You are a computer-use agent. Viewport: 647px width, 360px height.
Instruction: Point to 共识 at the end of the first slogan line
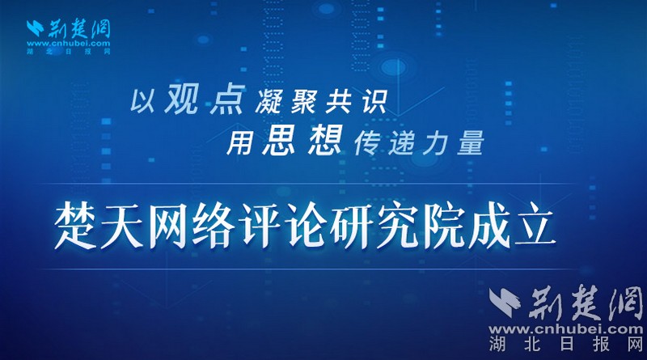tap(356, 101)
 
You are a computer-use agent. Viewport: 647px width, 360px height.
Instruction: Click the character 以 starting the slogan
tap(143, 101)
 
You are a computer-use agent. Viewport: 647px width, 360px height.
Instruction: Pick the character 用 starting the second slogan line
tap(239, 143)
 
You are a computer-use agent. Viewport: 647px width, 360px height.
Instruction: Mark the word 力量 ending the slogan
tap(453, 143)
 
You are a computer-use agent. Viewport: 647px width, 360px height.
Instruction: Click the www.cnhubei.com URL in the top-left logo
tap(69, 44)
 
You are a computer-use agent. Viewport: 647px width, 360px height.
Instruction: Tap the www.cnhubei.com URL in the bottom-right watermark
tap(566, 329)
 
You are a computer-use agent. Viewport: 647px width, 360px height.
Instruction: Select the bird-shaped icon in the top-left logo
tap(35, 28)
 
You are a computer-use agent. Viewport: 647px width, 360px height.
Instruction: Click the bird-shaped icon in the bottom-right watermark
tap(505, 303)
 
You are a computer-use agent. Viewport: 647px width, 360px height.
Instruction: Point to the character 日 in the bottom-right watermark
tap(567, 344)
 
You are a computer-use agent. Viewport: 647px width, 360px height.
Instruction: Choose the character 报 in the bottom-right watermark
tap(601, 344)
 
